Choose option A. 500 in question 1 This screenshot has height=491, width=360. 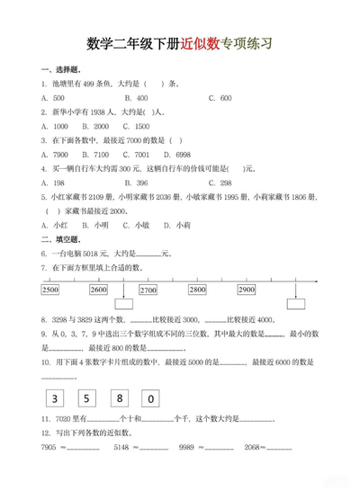tap(53, 97)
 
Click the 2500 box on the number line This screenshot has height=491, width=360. tap(50, 290)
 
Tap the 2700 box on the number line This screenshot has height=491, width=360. tap(148, 290)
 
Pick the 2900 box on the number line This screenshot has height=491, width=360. tap(246, 290)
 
